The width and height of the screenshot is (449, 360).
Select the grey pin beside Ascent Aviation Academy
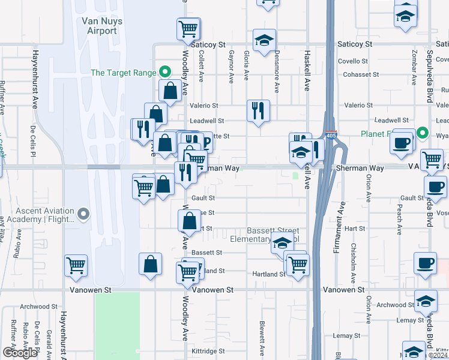[83, 214]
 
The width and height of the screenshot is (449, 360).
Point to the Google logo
[19, 353]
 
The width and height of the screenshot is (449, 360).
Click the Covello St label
[352, 61]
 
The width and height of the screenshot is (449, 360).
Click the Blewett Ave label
[262, 336]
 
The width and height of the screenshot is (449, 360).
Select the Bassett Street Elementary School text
[273, 235]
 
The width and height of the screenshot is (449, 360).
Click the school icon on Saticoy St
[264, 40]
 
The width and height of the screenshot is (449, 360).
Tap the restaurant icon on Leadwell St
[258, 110]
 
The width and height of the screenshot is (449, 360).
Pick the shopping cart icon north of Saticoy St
[188, 28]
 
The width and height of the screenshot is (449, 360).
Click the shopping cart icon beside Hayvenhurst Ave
[76, 265]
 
